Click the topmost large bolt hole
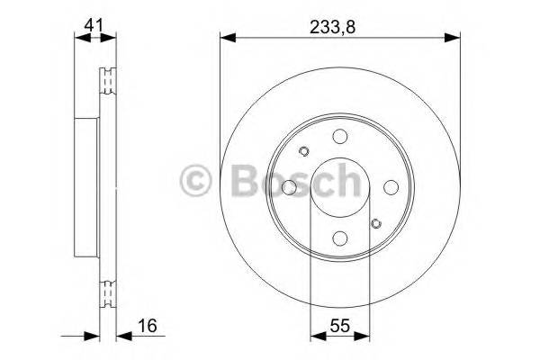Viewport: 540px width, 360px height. point(340,136)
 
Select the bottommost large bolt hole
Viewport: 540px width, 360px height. point(340,238)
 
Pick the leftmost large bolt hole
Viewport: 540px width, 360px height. point(289,187)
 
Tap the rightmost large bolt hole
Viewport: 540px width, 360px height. point(391,187)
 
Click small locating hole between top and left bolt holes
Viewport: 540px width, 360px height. point(303,151)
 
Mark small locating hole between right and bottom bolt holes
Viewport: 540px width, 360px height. point(376,222)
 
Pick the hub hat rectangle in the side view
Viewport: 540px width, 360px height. point(85,187)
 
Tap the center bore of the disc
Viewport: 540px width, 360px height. point(340,187)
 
